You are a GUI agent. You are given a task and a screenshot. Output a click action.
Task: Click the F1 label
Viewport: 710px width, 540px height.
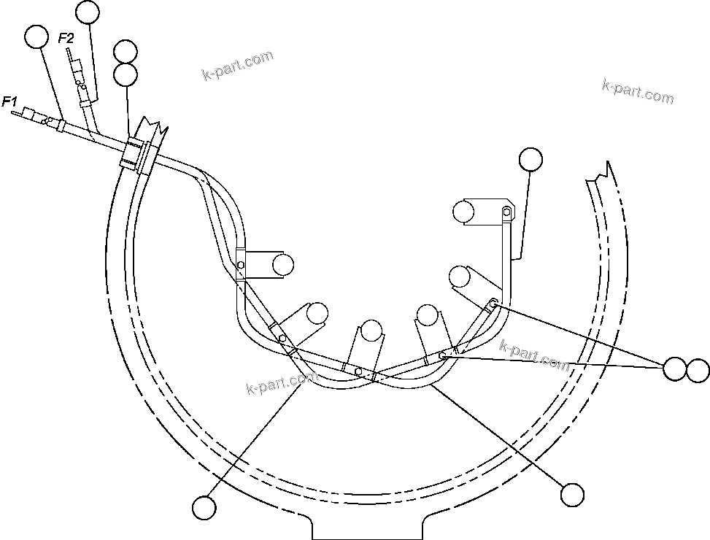tap(10, 101)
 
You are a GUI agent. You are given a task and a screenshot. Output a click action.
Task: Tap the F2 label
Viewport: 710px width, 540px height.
tap(66, 38)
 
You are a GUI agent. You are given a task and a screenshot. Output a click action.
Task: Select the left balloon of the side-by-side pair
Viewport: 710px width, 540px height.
tap(674, 369)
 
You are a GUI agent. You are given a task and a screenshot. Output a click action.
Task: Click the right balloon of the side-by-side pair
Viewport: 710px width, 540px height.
tap(697, 370)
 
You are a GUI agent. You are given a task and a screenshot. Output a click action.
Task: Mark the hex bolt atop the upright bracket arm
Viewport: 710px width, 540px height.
tap(505, 212)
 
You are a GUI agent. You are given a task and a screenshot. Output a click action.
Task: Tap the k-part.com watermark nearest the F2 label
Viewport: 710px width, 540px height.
tap(237, 66)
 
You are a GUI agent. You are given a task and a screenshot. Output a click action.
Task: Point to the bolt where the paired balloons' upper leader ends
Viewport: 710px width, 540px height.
tap(493, 303)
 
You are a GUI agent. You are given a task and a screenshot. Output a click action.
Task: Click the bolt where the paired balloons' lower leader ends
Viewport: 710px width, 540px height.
tap(443, 357)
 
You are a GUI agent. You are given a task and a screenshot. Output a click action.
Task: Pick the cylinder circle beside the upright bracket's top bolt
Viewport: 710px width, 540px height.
tap(463, 212)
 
